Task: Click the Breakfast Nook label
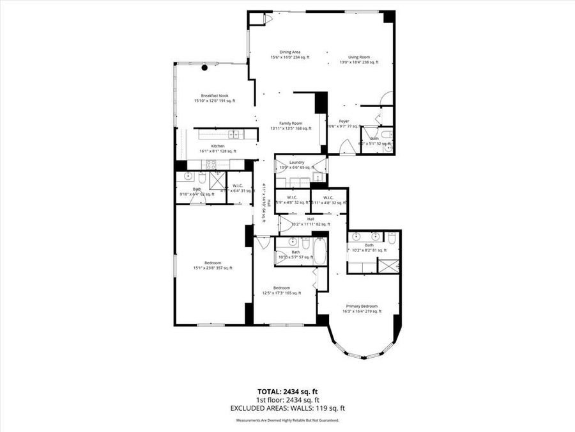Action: [x=215, y=95]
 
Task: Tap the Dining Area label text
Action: [x=290, y=52]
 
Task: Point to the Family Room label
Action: [x=291, y=123]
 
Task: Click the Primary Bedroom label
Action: [x=362, y=306]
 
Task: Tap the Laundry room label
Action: [x=296, y=163]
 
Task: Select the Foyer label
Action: [x=344, y=121]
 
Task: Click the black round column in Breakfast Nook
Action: [x=205, y=67]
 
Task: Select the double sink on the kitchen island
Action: [x=234, y=134]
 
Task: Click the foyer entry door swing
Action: [x=347, y=147]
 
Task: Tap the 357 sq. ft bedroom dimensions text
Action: [x=213, y=268]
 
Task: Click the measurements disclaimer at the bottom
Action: [x=287, y=420]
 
